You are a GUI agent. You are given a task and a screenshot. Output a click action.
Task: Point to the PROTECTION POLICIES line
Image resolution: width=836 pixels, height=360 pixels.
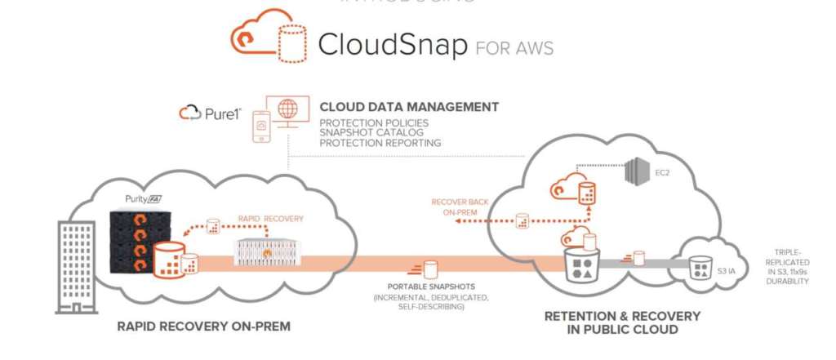(373, 123)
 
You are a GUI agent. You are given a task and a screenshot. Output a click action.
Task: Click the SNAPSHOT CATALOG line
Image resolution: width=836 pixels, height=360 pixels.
(368, 133)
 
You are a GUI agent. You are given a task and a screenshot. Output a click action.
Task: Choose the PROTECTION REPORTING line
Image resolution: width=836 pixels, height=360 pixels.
(380, 143)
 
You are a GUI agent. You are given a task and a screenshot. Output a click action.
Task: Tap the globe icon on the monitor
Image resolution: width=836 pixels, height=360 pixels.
(287, 109)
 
